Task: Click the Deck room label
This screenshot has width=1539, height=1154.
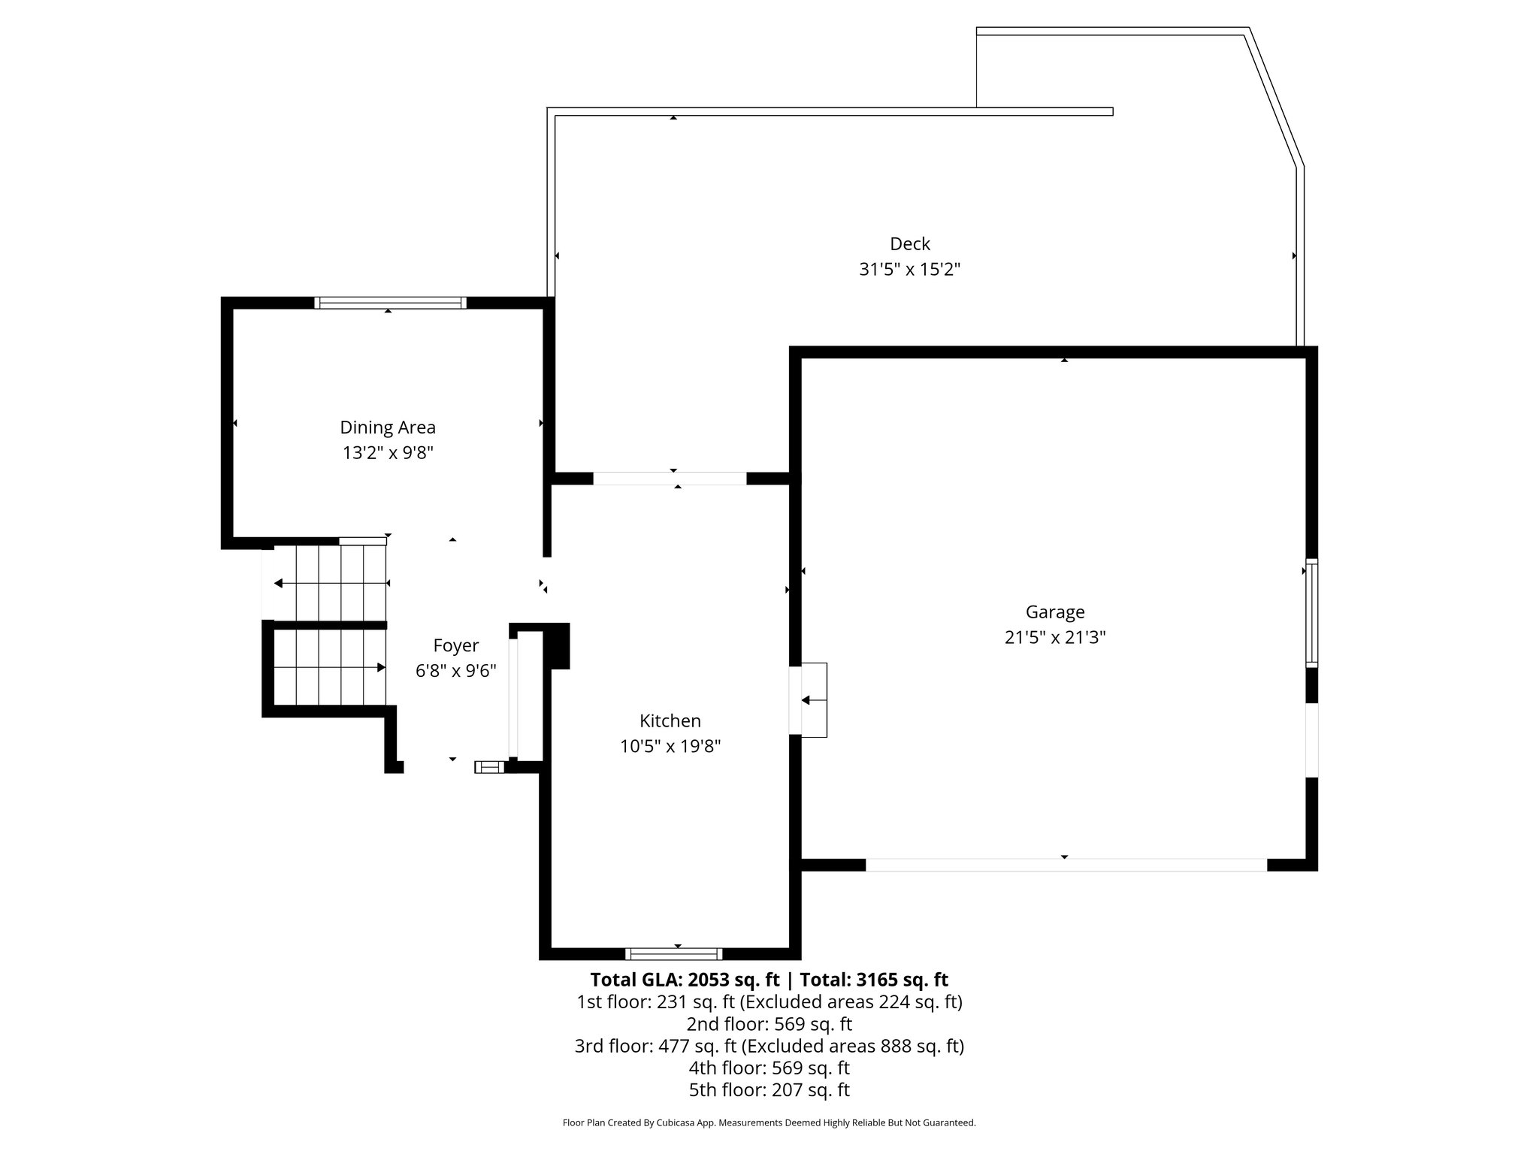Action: coord(909,243)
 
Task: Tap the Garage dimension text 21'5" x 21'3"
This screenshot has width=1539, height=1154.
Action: coord(1054,638)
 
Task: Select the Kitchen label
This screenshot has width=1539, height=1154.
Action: coord(670,720)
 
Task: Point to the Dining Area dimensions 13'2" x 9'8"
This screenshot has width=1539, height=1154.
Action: coord(388,453)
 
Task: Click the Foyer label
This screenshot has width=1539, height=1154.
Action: coord(455,645)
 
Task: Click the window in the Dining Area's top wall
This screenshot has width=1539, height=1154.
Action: coord(390,303)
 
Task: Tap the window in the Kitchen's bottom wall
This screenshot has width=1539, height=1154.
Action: coord(673,954)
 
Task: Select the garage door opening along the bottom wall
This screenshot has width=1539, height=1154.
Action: coord(1066,865)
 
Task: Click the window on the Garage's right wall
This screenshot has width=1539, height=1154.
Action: coord(1311,612)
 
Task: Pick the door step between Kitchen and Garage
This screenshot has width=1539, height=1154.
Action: coord(813,699)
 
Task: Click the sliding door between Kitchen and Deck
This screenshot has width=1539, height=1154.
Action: coord(670,479)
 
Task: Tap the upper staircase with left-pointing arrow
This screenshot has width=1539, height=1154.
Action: coord(331,584)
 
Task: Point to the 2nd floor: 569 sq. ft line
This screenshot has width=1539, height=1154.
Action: coord(769,1024)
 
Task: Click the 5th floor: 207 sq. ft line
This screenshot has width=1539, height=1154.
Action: coord(769,1089)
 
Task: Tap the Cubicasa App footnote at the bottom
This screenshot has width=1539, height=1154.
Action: coord(769,1122)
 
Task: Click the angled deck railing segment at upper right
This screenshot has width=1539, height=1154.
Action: coord(1275,98)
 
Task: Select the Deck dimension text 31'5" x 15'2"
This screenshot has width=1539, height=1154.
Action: coord(909,269)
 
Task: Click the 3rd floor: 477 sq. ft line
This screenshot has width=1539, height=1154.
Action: coord(769,1046)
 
